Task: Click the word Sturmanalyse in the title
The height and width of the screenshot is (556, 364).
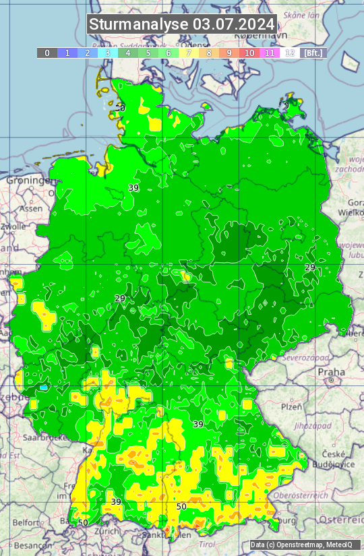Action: [139, 24]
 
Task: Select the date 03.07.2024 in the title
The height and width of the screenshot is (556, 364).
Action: [233, 24]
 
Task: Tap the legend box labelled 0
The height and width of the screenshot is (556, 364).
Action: [47, 53]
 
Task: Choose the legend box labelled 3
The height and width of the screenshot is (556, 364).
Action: [108, 53]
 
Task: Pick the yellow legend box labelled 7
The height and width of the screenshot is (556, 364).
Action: [189, 53]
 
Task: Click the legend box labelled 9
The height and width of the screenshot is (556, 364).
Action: [229, 53]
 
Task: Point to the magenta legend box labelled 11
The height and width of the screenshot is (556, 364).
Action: [270, 53]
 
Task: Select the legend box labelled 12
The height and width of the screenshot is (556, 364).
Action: [290, 53]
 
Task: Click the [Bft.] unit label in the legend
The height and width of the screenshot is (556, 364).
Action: [313, 53]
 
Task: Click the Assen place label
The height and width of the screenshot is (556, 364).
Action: [30, 209]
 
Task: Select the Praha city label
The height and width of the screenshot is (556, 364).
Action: [331, 371]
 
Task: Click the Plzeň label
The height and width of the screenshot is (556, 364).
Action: [291, 406]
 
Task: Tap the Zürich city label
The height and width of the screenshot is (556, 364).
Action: [88, 530]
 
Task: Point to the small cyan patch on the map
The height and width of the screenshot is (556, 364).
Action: [44, 388]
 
